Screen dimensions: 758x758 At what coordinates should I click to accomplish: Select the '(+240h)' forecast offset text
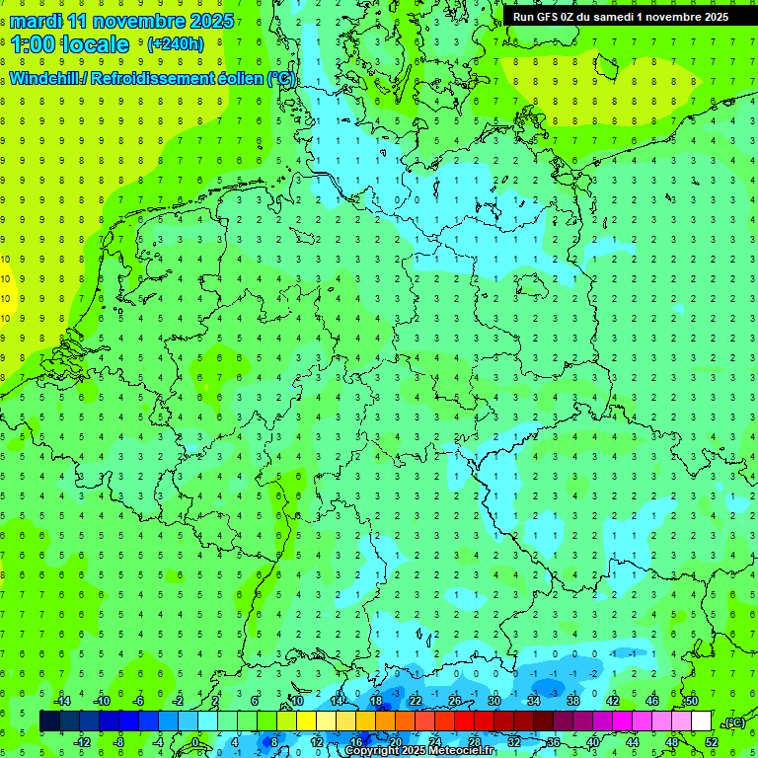tap(175, 44)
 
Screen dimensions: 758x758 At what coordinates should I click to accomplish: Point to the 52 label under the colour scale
tap(711, 741)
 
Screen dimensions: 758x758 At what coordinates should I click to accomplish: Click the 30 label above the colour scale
tap(493, 701)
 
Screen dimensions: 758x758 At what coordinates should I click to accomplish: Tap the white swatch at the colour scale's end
tap(701, 721)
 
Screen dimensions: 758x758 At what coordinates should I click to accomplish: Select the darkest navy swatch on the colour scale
tap(49, 721)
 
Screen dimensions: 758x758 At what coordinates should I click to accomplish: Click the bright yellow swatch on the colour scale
tap(306, 721)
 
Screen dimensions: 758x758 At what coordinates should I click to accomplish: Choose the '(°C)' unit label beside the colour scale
tap(733, 722)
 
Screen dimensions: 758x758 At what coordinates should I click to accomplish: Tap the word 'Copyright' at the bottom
tap(370, 751)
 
